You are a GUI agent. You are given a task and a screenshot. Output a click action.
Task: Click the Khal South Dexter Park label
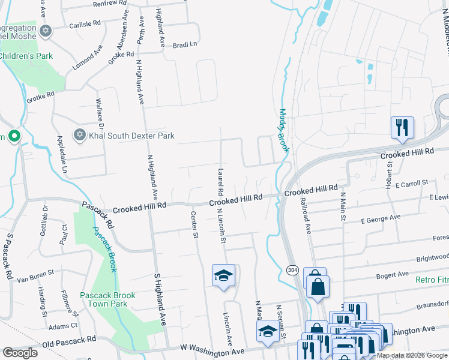click(131, 136)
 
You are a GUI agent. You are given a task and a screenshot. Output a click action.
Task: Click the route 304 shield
click(292, 269)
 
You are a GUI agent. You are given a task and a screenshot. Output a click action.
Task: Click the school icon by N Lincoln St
click(224, 275)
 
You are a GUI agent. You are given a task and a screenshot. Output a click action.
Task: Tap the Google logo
click(20, 353)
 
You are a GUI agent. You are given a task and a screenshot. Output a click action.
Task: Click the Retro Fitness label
click(432, 280)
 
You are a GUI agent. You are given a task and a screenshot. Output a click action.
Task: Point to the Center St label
click(194, 224)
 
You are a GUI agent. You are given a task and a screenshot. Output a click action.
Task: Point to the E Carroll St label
click(408, 182)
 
